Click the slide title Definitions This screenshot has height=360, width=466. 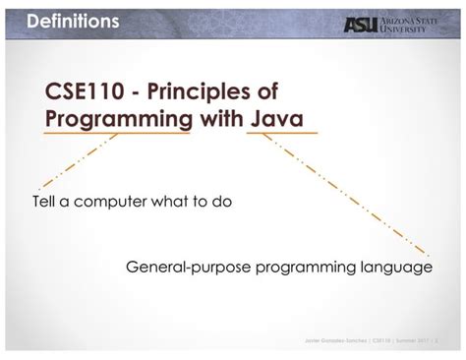73,21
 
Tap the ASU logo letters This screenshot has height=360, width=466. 360,24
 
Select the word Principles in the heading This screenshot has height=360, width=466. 203,91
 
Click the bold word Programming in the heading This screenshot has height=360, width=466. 118,119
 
